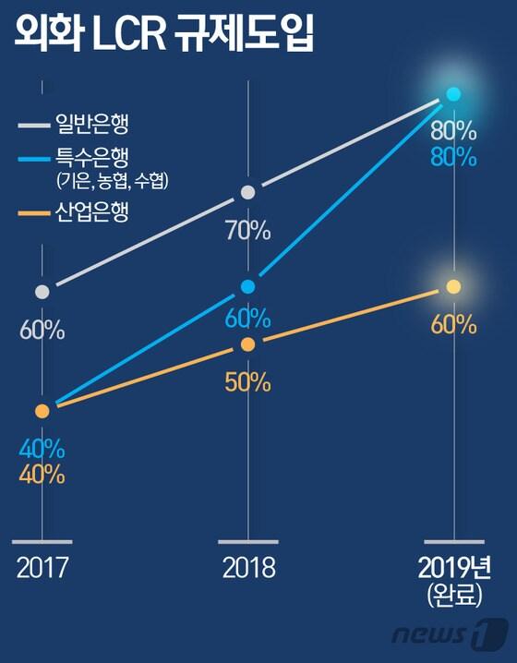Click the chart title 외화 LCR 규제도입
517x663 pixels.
[x=164, y=39]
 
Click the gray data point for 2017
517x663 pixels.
[x=42, y=292]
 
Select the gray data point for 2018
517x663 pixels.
[x=247, y=192]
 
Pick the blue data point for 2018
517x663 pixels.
[x=247, y=286]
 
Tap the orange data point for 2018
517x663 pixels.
[x=247, y=344]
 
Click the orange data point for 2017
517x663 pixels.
[x=42, y=411]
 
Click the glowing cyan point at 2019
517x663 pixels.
[x=452, y=93]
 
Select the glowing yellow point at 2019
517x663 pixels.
[x=452, y=287]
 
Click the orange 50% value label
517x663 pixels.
[x=247, y=380]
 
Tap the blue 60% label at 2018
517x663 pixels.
[x=247, y=319]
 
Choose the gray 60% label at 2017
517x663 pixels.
[x=42, y=330]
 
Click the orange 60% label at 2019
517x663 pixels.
[x=452, y=324]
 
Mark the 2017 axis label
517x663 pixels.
[x=42, y=567]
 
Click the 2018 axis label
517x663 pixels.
[x=248, y=567]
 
